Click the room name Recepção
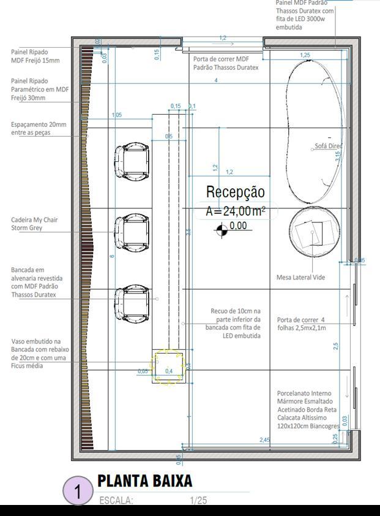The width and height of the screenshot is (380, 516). (235, 192)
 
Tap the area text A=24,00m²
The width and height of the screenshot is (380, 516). (236, 211)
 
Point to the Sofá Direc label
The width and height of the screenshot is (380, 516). (328, 146)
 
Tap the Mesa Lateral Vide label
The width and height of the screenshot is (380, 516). (300, 278)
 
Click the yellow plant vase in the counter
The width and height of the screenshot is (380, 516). (168, 367)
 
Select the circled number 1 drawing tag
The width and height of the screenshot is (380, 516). (78, 491)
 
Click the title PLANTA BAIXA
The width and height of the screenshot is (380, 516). (145, 481)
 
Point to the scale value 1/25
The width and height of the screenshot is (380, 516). (198, 501)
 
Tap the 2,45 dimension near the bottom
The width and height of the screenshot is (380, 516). (265, 440)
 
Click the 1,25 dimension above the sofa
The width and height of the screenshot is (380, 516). (305, 55)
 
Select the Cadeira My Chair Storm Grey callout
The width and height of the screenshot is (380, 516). (34, 224)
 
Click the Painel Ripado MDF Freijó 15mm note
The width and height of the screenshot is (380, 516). (35, 56)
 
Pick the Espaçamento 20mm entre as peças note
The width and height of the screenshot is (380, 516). (39, 128)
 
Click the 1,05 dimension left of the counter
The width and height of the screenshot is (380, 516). (117, 115)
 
